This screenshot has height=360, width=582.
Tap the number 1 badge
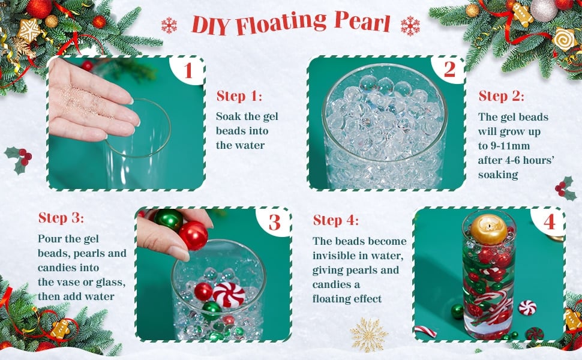(x=188, y=70)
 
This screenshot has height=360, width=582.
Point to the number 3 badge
(x=275, y=222)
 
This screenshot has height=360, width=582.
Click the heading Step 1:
(x=239, y=96)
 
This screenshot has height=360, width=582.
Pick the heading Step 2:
(x=502, y=96)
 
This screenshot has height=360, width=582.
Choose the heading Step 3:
(x=61, y=217)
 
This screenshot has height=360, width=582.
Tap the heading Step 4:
(x=336, y=220)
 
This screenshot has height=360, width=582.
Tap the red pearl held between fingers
(x=193, y=235)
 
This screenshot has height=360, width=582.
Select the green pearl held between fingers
(x=168, y=220)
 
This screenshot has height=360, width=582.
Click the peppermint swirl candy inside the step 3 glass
(x=229, y=295)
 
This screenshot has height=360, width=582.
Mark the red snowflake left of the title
(x=169, y=25)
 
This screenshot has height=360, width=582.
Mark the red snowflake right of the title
(x=410, y=26)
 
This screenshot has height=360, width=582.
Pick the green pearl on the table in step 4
(x=457, y=311)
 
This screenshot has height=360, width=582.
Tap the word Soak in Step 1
(x=228, y=116)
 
